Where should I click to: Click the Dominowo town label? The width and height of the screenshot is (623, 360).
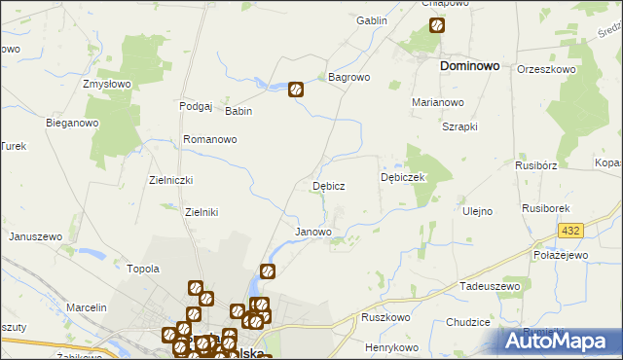470,66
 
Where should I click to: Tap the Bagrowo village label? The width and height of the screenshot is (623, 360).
349,76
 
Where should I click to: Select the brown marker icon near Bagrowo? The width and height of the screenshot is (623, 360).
297,90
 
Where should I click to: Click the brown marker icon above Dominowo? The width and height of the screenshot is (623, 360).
437,26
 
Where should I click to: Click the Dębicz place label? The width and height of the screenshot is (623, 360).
328,185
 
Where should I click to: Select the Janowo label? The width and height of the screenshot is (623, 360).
312,233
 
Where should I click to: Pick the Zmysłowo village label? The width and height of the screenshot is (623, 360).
107,84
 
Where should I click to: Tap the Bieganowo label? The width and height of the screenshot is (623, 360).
73,124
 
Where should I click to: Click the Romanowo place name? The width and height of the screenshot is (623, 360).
210,139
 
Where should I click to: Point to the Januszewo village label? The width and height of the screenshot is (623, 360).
35,236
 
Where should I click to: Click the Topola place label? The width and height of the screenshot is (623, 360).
143,268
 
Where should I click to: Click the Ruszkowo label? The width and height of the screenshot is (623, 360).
385,317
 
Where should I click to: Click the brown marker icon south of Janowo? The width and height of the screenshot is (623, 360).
268,271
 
